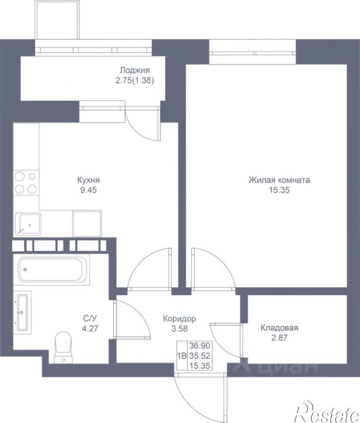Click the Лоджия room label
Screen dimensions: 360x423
pos(135,71)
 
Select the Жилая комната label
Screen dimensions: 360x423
pos(279,180)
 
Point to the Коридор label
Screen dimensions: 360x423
pos(179,319)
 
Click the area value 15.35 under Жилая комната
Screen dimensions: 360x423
pos(279,190)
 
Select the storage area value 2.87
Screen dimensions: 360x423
pos(279,338)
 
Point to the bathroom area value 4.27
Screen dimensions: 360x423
pos(90,329)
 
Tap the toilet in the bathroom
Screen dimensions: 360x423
pos(63,347)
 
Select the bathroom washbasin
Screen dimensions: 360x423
pos(22,312)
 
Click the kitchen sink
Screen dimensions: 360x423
pos(28,224)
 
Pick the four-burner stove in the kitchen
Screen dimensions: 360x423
pos(26,182)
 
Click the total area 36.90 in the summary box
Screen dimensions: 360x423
pos(200,345)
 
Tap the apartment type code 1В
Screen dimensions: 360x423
pos(182,356)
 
